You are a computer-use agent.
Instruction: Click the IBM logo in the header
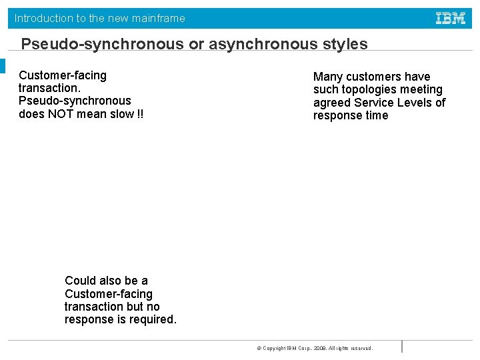point(451,19)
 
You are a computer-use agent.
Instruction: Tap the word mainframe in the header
point(159,19)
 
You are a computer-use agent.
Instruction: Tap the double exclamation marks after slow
point(139,113)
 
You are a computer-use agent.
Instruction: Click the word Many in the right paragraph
point(328,77)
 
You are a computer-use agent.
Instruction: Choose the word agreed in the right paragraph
point(332,103)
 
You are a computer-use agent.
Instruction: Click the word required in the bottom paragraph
point(154,319)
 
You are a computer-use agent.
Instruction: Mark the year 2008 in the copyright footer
point(319,348)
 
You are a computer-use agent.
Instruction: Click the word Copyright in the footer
point(274,348)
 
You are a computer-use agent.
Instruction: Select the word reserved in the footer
point(361,348)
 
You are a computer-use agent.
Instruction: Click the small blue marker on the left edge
point(3,66)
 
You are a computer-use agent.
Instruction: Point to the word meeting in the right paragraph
point(421,89)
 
